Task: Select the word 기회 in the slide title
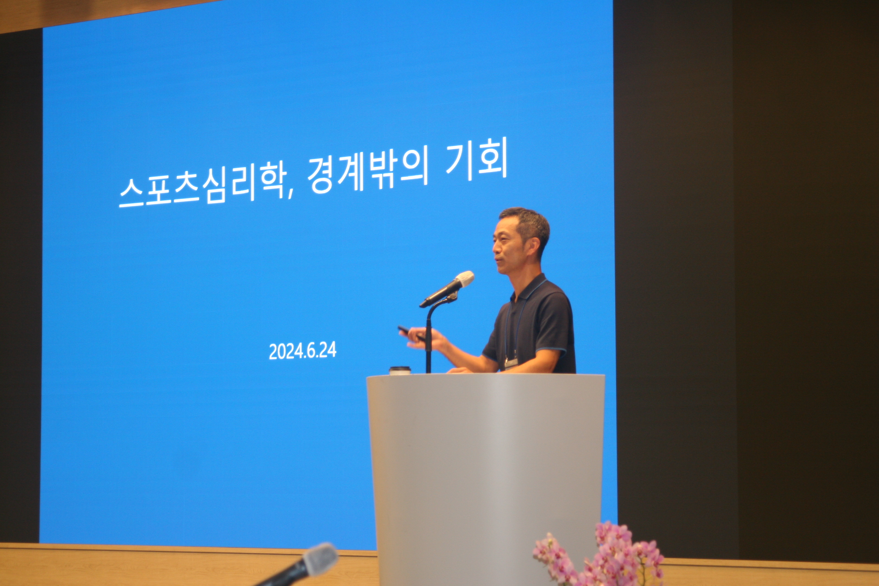pyautogui.click(x=476, y=159)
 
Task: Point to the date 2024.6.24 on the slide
pyautogui.click(x=302, y=351)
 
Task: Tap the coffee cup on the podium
pyautogui.click(x=399, y=370)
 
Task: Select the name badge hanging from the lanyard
pyautogui.click(x=511, y=362)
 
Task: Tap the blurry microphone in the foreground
pyautogui.click(x=299, y=567)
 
